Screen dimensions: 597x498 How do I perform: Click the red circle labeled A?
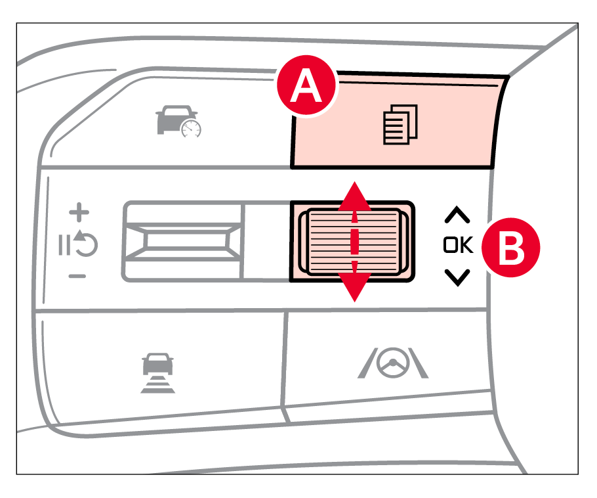click(x=307, y=85)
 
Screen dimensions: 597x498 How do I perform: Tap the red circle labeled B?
click(x=510, y=248)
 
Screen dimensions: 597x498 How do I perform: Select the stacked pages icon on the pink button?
click(x=400, y=124)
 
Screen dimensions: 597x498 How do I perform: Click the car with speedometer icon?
click(x=178, y=121)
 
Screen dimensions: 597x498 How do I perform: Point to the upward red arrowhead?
click(x=354, y=196)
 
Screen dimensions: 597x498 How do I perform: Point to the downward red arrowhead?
click(x=354, y=287)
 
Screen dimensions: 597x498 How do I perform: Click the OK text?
click(x=458, y=245)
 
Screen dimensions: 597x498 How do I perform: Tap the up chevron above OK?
click(x=457, y=215)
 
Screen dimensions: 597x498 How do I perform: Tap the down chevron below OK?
click(x=457, y=278)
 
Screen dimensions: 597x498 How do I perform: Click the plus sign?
click(x=79, y=212)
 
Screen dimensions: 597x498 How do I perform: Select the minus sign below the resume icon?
click(x=77, y=276)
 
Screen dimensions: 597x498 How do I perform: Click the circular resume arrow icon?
click(x=85, y=243)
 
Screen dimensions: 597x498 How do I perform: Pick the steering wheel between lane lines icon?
click(x=393, y=363)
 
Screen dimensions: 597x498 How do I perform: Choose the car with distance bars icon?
click(x=157, y=373)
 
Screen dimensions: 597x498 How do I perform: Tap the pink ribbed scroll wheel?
click(x=354, y=241)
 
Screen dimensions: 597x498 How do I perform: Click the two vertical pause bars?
click(x=64, y=245)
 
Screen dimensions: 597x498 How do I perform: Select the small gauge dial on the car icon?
click(x=191, y=129)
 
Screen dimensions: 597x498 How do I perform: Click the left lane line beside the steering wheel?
click(x=367, y=363)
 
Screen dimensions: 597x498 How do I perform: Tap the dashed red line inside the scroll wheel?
click(x=354, y=241)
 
